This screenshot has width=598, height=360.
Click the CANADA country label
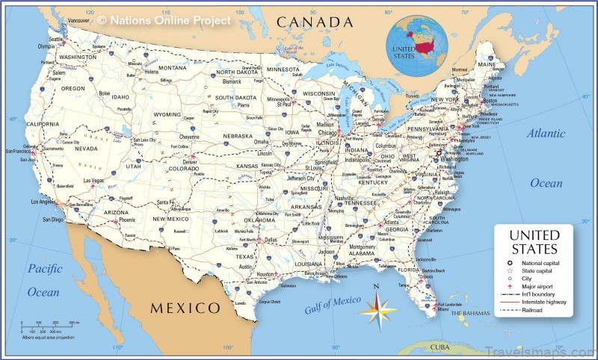point(314,22)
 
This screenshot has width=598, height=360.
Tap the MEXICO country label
point(185,308)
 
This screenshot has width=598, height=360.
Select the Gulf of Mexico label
point(333,305)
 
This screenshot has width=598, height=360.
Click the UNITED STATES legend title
point(533,243)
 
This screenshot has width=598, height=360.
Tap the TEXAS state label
point(247,256)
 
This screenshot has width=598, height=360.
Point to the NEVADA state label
point(87,149)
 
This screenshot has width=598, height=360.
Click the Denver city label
point(191,161)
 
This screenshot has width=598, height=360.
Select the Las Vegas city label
point(94,180)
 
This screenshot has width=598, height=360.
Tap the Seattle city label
point(55,39)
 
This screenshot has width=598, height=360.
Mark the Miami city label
point(445,308)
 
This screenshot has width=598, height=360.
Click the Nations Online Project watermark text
point(164,20)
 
